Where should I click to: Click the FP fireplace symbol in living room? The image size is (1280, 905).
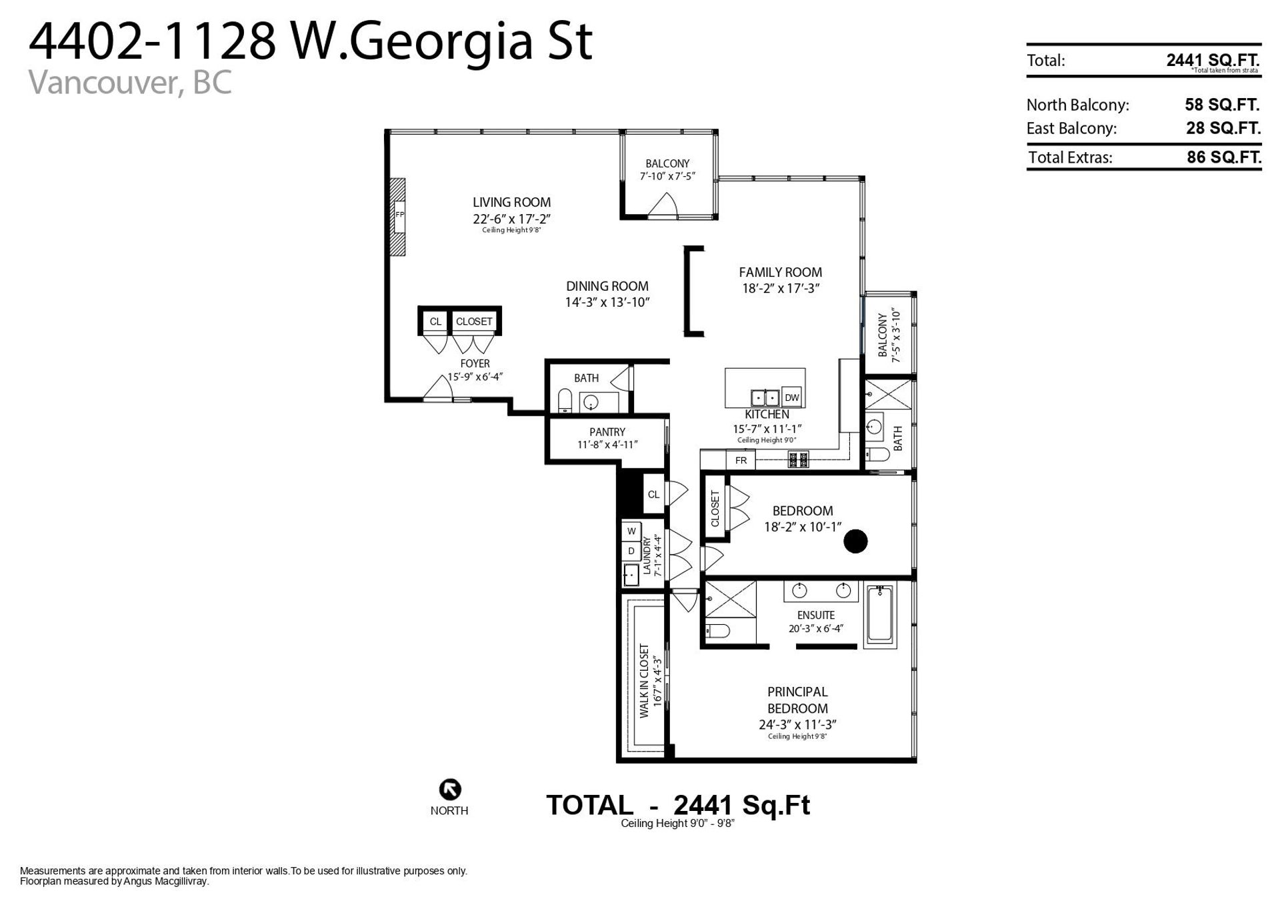tap(399, 215)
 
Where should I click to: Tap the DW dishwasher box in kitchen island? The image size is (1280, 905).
tap(791, 397)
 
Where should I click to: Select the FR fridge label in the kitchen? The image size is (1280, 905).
tap(741, 460)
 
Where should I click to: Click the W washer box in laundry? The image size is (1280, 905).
tap(631, 532)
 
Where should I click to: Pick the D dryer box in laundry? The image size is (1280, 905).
tap(631, 551)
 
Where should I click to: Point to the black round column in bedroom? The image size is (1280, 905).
tap(855, 541)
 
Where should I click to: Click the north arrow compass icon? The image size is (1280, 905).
tap(450, 789)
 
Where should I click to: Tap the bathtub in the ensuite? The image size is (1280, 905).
tap(881, 615)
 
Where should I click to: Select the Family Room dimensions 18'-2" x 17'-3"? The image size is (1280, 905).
tap(780, 289)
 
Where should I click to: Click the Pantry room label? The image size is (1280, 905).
tap(607, 432)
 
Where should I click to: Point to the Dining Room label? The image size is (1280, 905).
tap(607, 286)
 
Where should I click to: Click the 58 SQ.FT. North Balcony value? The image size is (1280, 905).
tap(1222, 105)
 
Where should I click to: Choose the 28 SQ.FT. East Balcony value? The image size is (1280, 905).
tap(1223, 128)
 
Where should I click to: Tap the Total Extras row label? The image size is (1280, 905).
tap(1070, 157)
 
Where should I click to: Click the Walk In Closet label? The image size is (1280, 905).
tap(644, 681)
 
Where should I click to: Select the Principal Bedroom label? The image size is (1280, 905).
tap(797, 700)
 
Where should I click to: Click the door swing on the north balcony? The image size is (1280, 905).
tap(663, 205)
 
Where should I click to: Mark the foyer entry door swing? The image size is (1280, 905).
tap(437, 387)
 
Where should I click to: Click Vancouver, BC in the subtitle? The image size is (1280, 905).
tap(131, 83)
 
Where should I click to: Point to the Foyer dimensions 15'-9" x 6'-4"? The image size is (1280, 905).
tap(475, 377)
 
